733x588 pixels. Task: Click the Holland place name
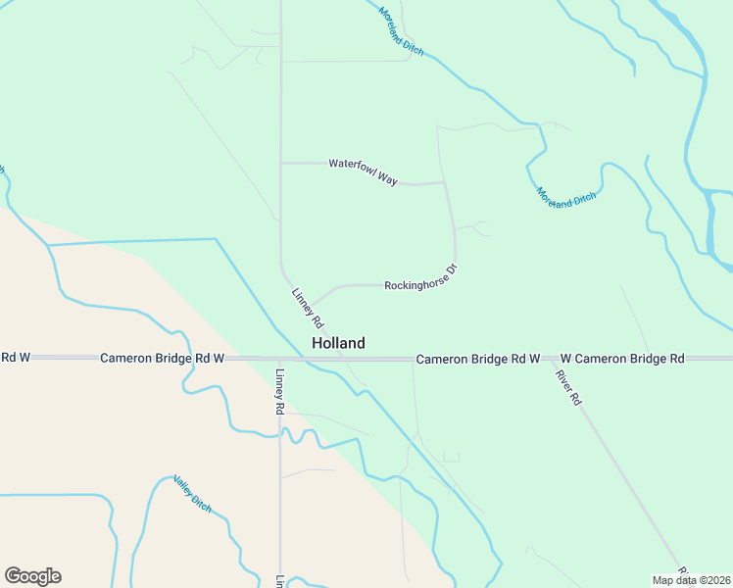338,343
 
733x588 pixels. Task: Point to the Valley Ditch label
192,492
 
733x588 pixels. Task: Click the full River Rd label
568,386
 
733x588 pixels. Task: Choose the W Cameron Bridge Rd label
622,359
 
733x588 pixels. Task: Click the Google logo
32,576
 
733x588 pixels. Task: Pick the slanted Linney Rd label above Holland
308,307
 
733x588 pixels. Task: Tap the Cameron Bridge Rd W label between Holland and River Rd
478,360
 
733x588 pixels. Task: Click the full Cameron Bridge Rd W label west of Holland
163,359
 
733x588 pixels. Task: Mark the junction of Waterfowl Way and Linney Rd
281,163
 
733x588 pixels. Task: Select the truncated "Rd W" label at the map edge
16,358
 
